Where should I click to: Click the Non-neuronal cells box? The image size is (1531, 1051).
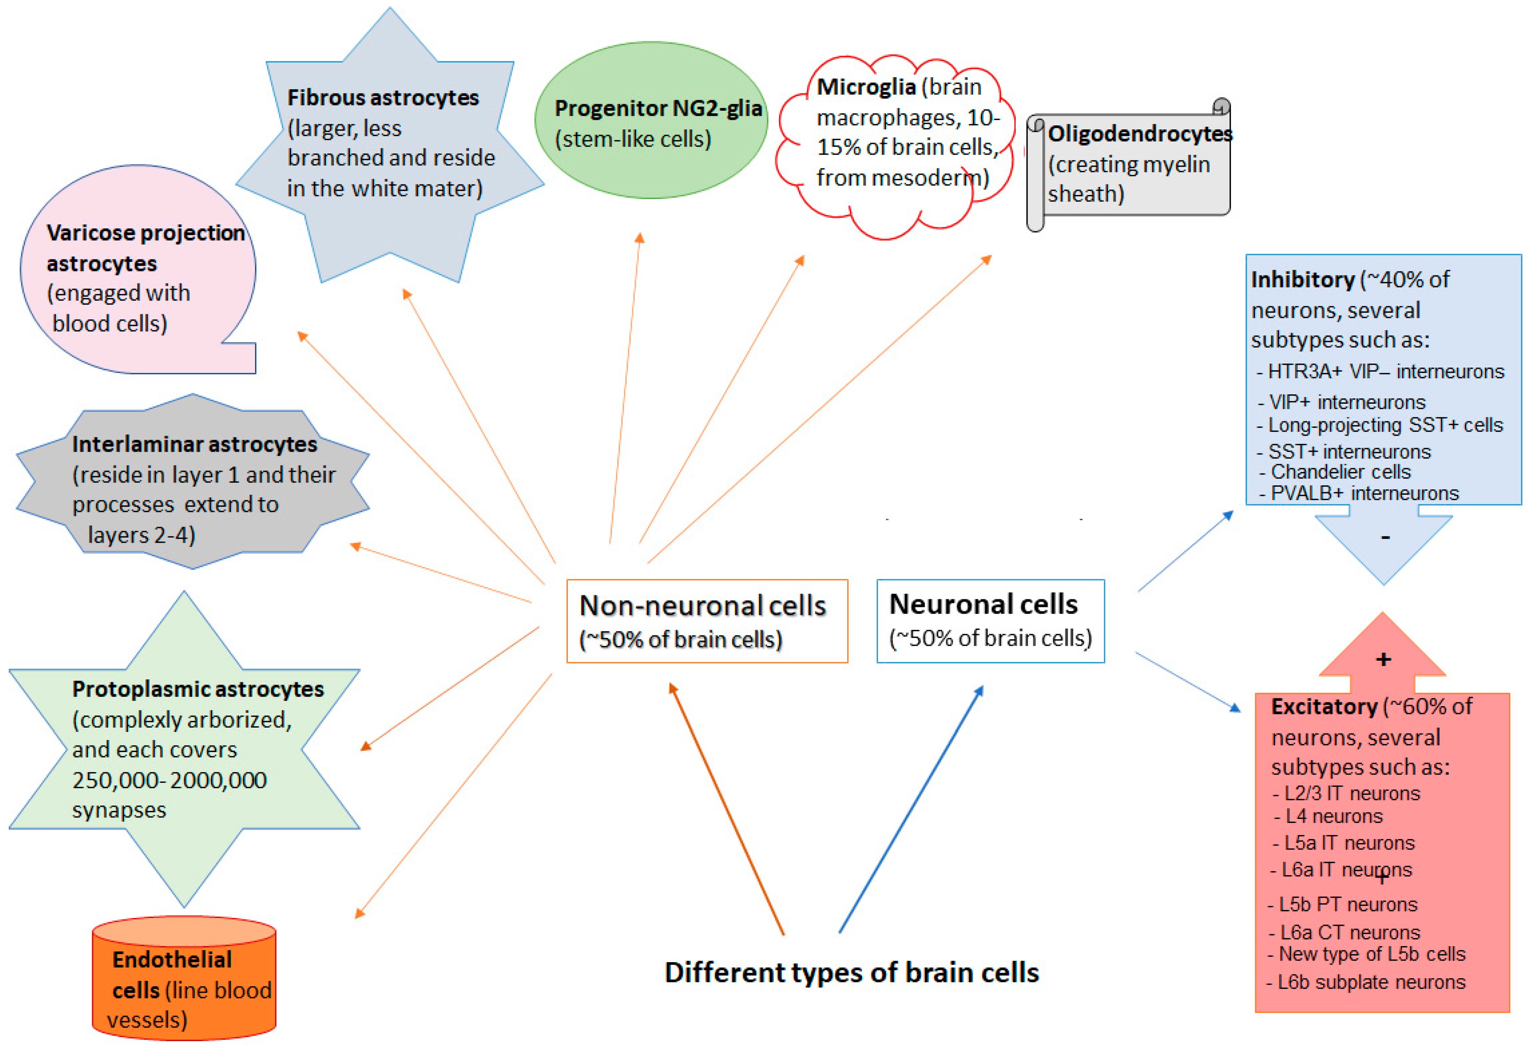pyautogui.click(x=706, y=621)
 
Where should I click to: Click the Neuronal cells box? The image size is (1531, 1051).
pyautogui.click(x=989, y=621)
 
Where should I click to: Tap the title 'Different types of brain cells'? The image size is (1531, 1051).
pyautogui.click(x=851, y=972)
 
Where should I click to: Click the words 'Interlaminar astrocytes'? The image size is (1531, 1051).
pyautogui.click(x=194, y=444)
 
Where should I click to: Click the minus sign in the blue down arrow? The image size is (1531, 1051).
pyautogui.click(x=1385, y=538)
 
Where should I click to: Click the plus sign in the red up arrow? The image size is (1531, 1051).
pyautogui.click(x=1383, y=659)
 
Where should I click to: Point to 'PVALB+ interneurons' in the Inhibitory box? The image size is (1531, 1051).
pyautogui.click(x=1364, y=493)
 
